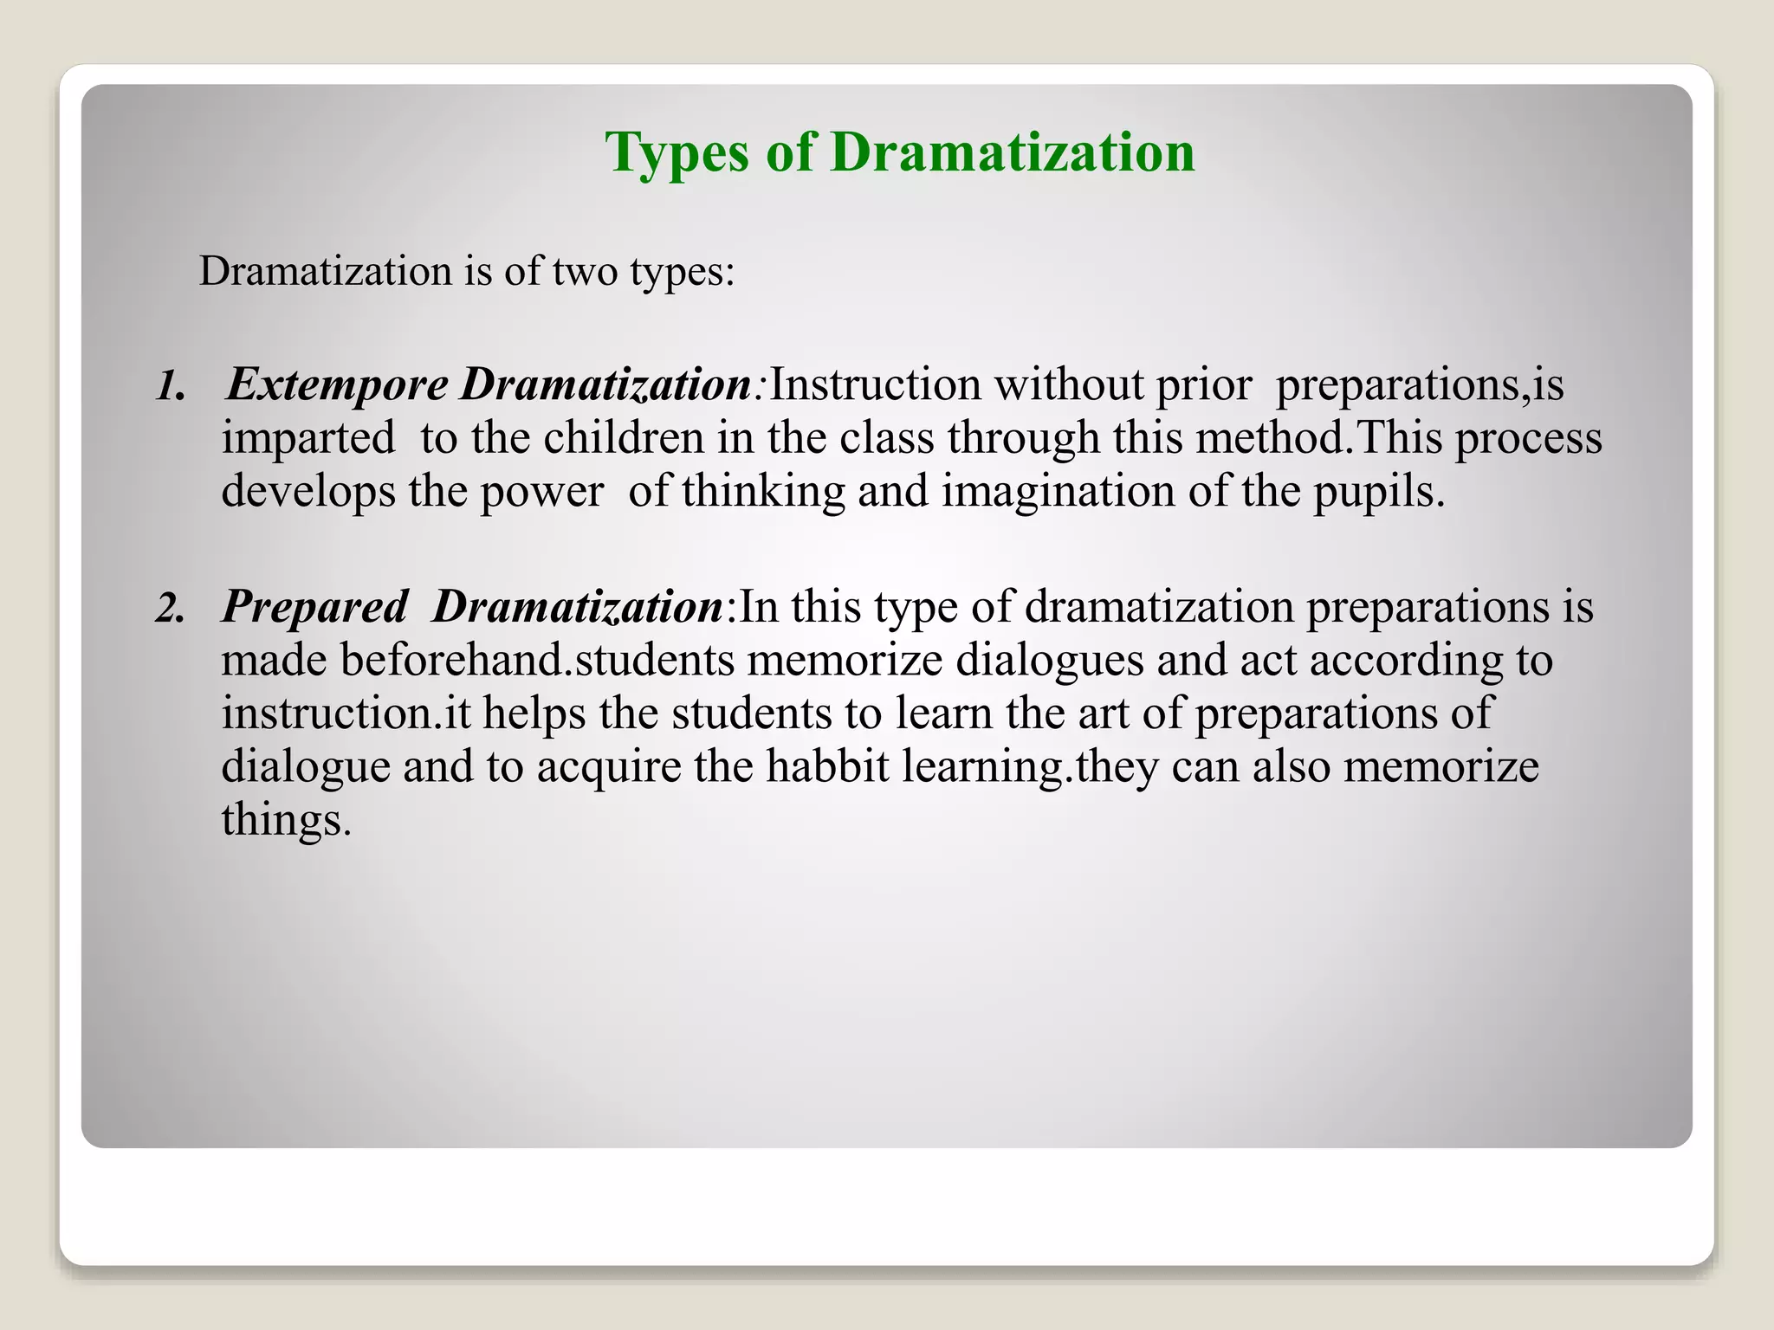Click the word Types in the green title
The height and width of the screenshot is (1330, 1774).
point(676,153)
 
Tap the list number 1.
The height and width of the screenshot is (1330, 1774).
point(170,386)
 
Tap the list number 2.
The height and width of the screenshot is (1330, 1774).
point(170,608)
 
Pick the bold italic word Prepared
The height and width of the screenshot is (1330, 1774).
point(314,606)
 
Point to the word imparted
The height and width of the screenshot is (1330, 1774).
point(308,438)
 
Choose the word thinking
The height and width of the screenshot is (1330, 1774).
point(762,491)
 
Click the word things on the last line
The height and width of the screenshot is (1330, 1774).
point(285,819)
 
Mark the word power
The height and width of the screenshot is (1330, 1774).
point(541,491)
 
